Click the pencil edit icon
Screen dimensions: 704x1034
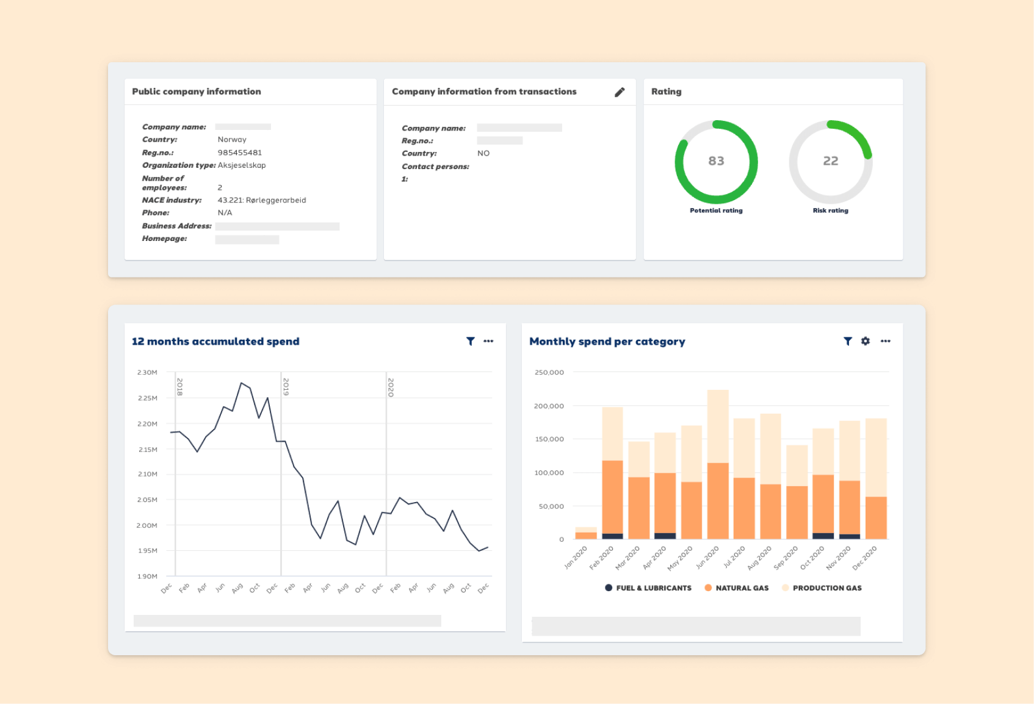tap(620, 92)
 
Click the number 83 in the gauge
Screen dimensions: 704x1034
tap(716, 161)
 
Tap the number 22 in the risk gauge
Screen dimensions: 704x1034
tap(830, 161)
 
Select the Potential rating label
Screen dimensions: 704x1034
tap(716, 210)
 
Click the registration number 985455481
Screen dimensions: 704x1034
tap(239, 153)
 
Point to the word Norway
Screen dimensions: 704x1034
tap(232, 140)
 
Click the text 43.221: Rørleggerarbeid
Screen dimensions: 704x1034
tap(262, 200)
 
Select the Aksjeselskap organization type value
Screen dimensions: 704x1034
tap(242, 165)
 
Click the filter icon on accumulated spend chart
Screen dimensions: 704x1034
tap(470, 342)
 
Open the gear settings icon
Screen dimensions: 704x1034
tap(865, 342)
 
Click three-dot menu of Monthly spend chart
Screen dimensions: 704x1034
tap(885, 342)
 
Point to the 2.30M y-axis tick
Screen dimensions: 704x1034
tap(147, 372)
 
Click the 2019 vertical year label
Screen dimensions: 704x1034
tap(286, 387)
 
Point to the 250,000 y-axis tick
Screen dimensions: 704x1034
tap(549, 372)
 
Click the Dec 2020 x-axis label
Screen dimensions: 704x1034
tap(864, 558)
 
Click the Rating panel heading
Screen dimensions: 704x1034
tap(666, 92)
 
